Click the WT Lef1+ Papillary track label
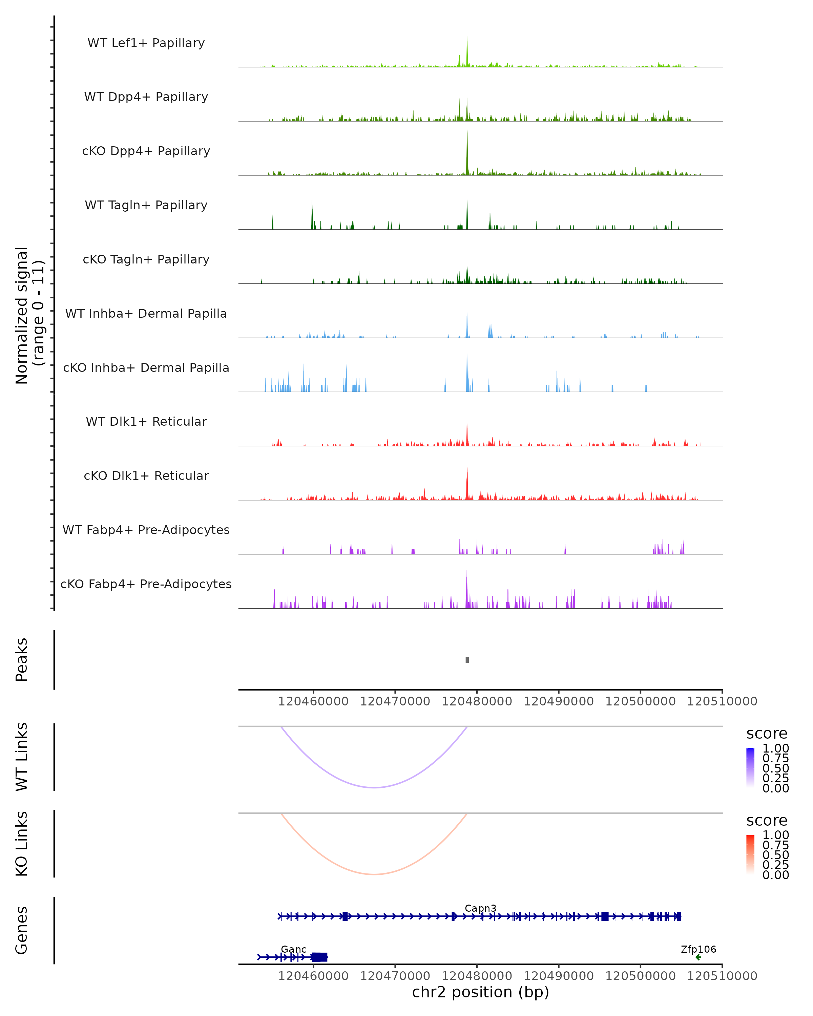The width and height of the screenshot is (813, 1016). click(x=146, y=43)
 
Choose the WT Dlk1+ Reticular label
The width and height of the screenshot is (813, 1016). click(x=146, y=421)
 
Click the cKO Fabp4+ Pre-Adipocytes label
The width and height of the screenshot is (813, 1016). click(x=146, y=584)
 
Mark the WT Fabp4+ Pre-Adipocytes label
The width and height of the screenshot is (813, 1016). click(x=146, y=530)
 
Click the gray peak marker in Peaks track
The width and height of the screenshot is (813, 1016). click(x=467, y=660)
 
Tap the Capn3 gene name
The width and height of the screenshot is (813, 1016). click(x=480, y=908)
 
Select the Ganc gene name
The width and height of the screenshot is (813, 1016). click(x=293, y=949)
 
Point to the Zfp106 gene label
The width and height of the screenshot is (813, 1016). click(x=698, y=949)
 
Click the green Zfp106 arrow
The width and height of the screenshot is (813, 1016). click(x=698, y=957)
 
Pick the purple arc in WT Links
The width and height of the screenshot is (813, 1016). click(x=374, y=787)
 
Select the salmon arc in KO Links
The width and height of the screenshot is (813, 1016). click(x=374, y=874)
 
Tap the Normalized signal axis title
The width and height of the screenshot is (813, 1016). click(x=29, y=316)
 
